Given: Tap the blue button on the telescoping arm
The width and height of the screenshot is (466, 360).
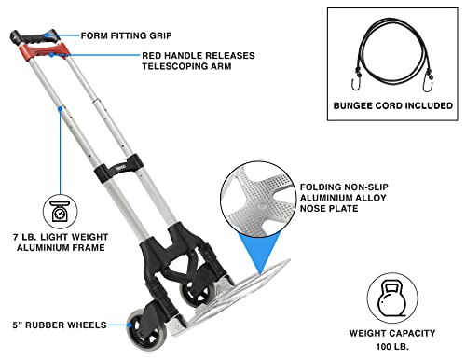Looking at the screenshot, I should click(62, 112).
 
